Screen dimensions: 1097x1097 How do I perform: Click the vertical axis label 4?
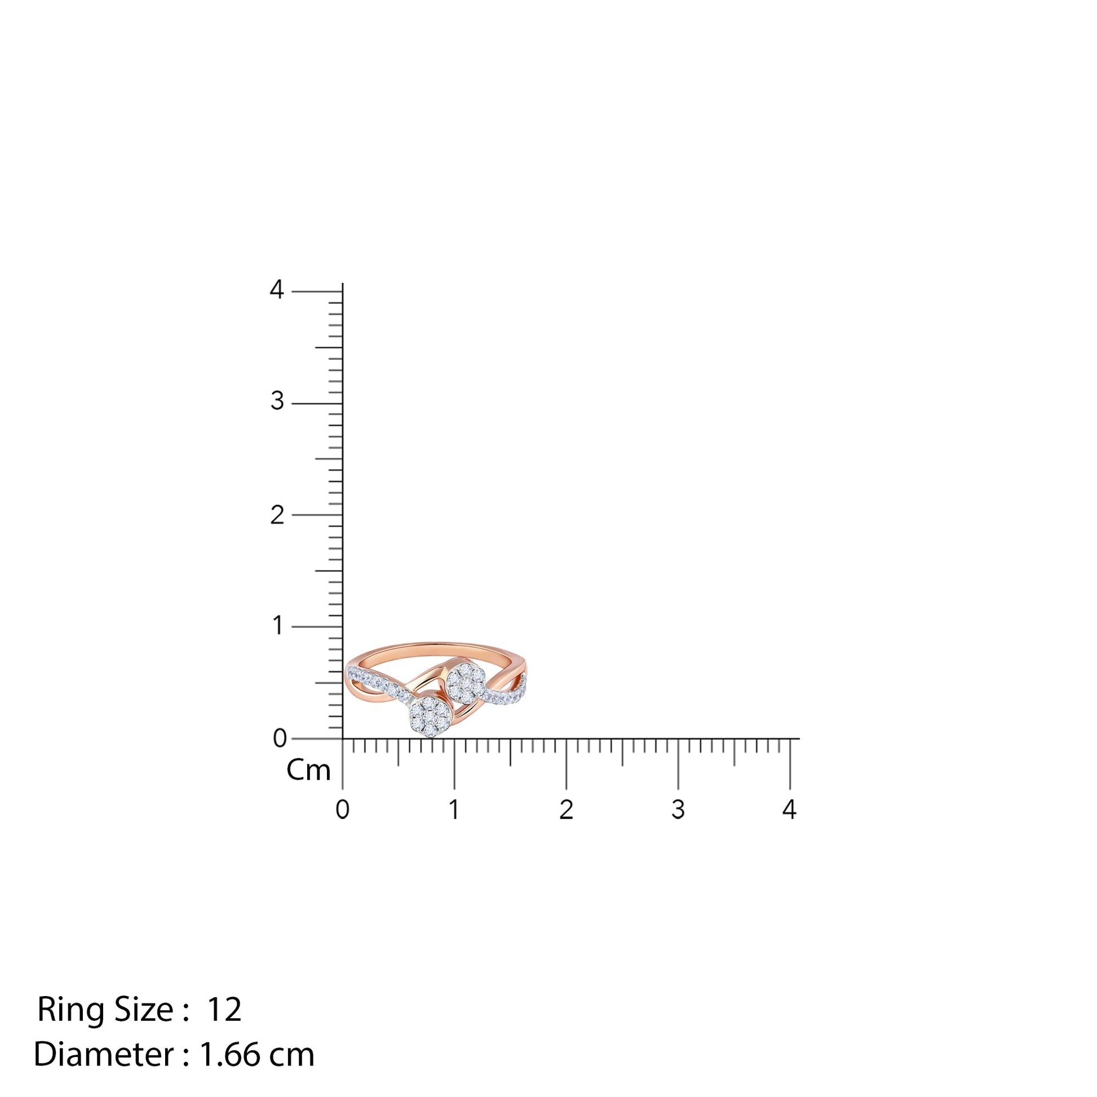(277, 290)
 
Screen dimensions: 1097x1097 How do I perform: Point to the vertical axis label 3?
(277, 401)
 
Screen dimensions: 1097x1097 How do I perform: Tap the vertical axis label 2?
(277, 515)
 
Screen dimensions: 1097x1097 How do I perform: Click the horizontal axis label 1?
(454, 810)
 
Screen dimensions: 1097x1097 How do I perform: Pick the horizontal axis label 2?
(566, 810)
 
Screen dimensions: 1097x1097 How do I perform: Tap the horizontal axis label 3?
(678, 810)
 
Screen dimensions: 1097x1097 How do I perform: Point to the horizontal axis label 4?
(789, 810)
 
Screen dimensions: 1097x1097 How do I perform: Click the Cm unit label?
(308, 771)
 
